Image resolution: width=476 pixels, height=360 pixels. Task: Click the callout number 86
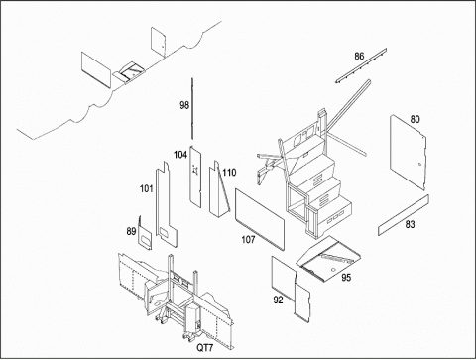(x=359, y=57)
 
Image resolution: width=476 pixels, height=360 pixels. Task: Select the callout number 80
(x=416, y=119)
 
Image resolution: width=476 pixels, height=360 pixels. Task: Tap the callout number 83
(x=410, y=224)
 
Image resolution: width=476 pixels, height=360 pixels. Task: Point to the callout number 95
(x=346, y=277)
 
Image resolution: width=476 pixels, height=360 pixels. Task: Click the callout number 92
(x=278, y=300)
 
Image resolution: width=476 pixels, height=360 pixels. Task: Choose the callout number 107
(x=248, y=239)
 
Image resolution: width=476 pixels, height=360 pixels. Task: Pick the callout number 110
(x=229, y=173)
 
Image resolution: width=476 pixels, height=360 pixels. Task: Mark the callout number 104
(x=180, y=155)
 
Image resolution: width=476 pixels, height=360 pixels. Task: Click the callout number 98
(x=184, y=105)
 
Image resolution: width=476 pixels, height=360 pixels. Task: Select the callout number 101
(x=147, y=188)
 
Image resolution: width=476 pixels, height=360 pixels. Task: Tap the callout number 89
(x=131, y=231)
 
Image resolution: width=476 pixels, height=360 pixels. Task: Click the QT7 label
(x=205, y=348)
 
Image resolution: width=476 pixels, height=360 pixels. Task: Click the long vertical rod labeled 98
(x=192, y=109)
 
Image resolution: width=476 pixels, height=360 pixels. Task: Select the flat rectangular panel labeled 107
(x=260, y=219)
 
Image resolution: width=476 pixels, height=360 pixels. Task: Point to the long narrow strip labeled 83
(x=404, y=215)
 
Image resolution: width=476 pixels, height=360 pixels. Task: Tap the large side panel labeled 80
(x=408, y=152)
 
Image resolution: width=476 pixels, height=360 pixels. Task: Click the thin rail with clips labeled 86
(x=361, y=65)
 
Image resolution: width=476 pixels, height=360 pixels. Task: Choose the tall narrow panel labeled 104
(x=195, y=177)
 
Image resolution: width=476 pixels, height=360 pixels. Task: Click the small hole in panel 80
(x=419, y=164)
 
